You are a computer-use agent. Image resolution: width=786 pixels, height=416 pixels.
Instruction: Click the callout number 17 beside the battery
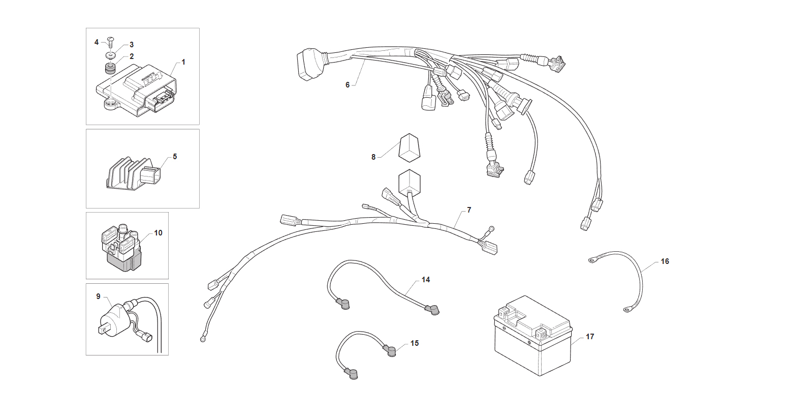click(590, 337)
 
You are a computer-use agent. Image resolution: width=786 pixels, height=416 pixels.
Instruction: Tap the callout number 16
click(665, 261)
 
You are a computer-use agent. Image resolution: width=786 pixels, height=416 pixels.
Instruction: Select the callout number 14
click(426, 280)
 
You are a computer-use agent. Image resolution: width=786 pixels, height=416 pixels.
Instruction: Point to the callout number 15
click(415, 343)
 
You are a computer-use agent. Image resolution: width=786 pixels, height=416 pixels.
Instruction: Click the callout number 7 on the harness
click(469, 210)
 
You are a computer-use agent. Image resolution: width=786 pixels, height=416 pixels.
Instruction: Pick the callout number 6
click(348, 85)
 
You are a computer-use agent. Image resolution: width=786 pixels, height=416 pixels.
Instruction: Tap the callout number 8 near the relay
click(373, 157)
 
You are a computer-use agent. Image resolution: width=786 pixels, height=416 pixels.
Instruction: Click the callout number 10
click(158, 233)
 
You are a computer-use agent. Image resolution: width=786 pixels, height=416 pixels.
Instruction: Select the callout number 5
click(175, 157)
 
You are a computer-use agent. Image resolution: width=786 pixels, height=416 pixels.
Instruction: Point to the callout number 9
click(98, 296)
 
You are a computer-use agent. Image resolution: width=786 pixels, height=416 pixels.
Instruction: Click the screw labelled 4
click(110, 43)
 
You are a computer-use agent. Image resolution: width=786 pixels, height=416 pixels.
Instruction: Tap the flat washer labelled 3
click(111, 55)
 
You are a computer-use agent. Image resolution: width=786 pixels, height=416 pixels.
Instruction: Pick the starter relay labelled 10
click(121, 248)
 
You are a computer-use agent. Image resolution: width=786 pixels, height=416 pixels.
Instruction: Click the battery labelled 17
click(533, 336)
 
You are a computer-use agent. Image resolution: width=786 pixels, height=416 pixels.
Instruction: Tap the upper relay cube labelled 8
click(409, 147)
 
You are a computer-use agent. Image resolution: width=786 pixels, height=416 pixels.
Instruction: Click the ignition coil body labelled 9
click(112, 320)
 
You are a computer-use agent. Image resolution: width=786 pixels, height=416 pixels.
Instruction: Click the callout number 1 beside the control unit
click(183, 62)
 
